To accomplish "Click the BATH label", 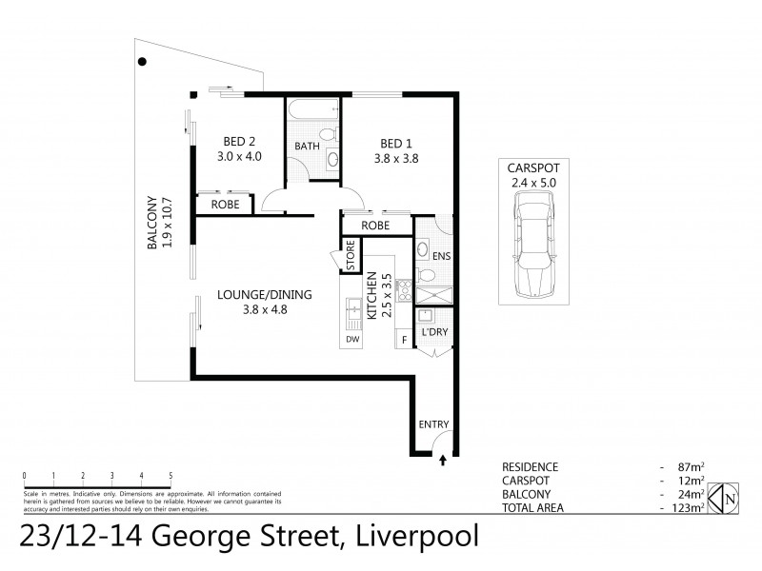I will pos(307,147).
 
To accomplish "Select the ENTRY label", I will pos(433,424).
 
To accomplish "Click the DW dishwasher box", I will pos(352,339).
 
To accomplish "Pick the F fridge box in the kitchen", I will pos(404,339).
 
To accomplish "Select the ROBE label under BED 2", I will pos(225,204).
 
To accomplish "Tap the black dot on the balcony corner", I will pos(142,62).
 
